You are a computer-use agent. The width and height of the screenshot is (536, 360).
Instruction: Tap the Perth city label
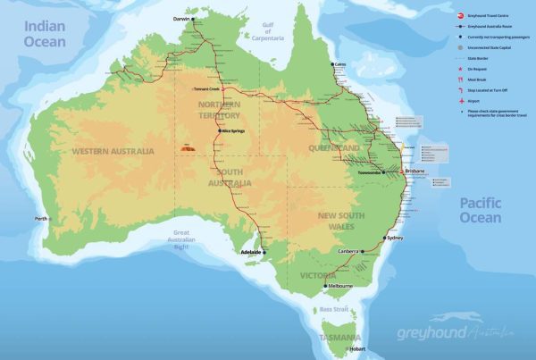tap(40, 219)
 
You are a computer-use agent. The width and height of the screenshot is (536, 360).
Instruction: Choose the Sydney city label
tap(397, 239)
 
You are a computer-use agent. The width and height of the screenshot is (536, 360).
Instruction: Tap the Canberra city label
tap(348, 252)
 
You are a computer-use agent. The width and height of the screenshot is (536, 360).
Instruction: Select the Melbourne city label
tap(340, 286)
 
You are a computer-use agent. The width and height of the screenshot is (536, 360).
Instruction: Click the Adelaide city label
tap(252, 253)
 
